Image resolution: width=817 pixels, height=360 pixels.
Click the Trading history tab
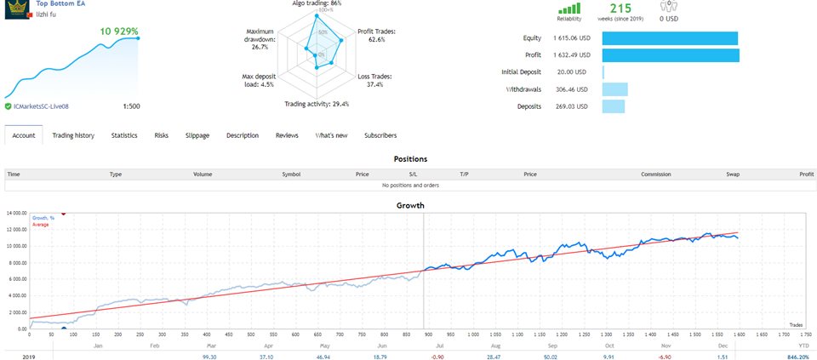(73, 135)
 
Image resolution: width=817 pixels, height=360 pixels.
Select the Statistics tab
(124, 135)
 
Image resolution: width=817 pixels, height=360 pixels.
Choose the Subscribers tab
(380, 135)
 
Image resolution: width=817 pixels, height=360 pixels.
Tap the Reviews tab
(287, 135)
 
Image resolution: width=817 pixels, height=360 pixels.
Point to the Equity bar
(669, 38)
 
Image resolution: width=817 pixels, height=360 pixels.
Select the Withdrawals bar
(614, 89)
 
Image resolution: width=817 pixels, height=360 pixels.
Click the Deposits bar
(613, 106)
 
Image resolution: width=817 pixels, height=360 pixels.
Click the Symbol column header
(291, 174)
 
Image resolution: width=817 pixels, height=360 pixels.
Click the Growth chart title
(410, 205)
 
